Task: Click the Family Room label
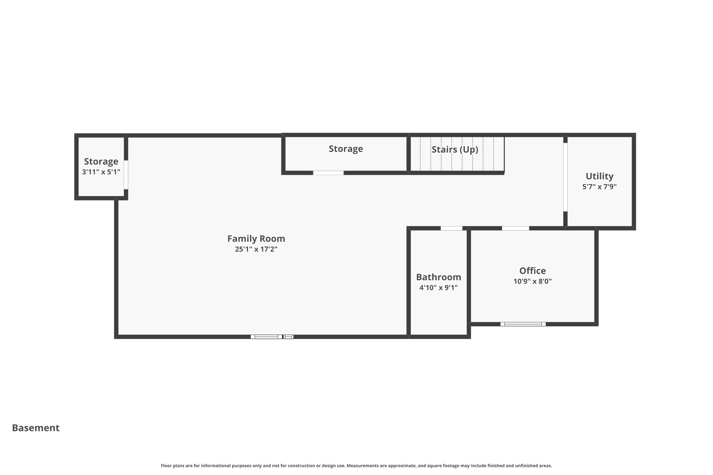pyautogui.click(x=256, y=239)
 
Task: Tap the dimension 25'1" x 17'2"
pyautogui.click(x=256, y=249)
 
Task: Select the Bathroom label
pyautogui.click(x=438, y=277)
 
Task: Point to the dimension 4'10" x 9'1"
pyautogui.click(x=438, y=287)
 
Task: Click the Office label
pyautogui.click(x=532, y=271)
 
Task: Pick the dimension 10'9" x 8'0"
pyautogui.click(x=532, y=281)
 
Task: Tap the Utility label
pyautogui.click(x=599, y=176)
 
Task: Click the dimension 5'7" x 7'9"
pyautogui.click(x=599, y=187)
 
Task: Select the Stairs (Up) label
pyautogui.click(x=455, y=150)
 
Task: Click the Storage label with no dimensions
pyautogui.click(x=346, y=149)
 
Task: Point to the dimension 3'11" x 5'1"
pyautogui.click(x=101, y=172)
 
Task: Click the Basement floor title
pyautogui.click(x=36, y=428)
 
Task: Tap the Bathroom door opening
pyautogui.click(x=451, y=228)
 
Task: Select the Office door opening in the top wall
pyautogui.click(x=515, y=228)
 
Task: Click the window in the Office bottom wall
pyautogui.click(x=523, y=324)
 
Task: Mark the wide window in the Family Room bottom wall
pyautogui.click(x=266, y=337)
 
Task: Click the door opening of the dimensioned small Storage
pyautogui.click(x=126, y=175)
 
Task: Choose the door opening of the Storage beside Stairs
pyautogui.click(x=328, y=173)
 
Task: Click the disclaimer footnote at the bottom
pyautogui.click(x=356, y=466)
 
